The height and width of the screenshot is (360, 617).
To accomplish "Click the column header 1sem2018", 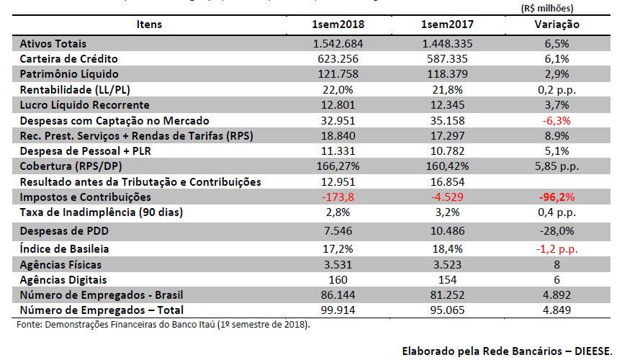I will coord(338,24).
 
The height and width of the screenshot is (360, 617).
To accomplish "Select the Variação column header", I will coord(557,24).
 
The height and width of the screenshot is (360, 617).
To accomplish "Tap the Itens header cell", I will coord(149,24).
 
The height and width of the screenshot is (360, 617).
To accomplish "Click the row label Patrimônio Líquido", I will coord(69,74).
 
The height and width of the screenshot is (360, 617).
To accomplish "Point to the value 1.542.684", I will coord(338,43).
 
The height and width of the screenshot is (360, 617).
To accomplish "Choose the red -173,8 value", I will coord(338,197).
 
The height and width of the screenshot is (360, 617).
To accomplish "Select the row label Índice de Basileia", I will coord(65,248).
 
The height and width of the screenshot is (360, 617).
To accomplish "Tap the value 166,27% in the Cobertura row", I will coord(338,166).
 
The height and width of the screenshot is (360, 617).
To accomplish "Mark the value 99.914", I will coord(338,310).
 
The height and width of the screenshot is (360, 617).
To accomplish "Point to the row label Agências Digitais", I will coord(63,279).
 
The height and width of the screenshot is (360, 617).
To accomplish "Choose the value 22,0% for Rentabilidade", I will coord(338,89).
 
